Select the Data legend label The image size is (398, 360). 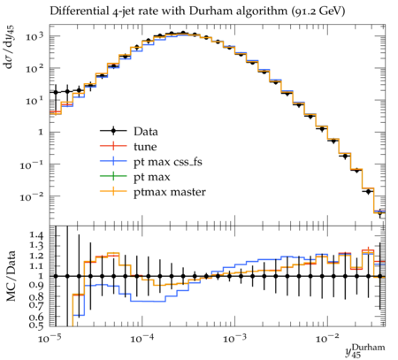pyautogui.click(x=146, y=132)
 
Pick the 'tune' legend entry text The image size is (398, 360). pyautogui.click(x=145, y=147)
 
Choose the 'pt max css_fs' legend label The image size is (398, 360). pyautogui.click(x=168, y=162)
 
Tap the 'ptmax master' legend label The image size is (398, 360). pyautogui.click(x=170, y=192)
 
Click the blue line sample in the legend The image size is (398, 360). pyautogui.click(x=113, y=162)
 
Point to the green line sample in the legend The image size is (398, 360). pyautogui.click(x=113, y=177)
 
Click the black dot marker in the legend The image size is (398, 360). pyautogui.click(x=113, y=131)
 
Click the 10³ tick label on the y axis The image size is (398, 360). pyautogui.click(x=34, y=36)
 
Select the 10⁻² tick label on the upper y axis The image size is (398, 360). pyautogui.click(x=32, y=196)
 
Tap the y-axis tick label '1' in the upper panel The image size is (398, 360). pyautogui.click(x=41, y=132)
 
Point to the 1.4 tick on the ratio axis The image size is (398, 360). pyautogui.click(x=36, y=235)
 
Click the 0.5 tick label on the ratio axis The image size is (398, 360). pyautogui.click(x=36, y=326)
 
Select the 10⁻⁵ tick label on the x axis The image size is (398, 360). pyautogui.click(x=50, y=339)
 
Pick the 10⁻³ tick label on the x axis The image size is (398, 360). pyautogui.click(x=235, y=339)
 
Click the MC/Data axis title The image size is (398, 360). pyautogui.click(x=11, y=276)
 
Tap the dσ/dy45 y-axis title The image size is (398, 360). pyautogui.click(x=10, y=47)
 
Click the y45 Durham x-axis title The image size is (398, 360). pyautogui.click(x=365, y=351)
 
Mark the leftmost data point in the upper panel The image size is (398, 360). pyautogui.click(x=56, y=92)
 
